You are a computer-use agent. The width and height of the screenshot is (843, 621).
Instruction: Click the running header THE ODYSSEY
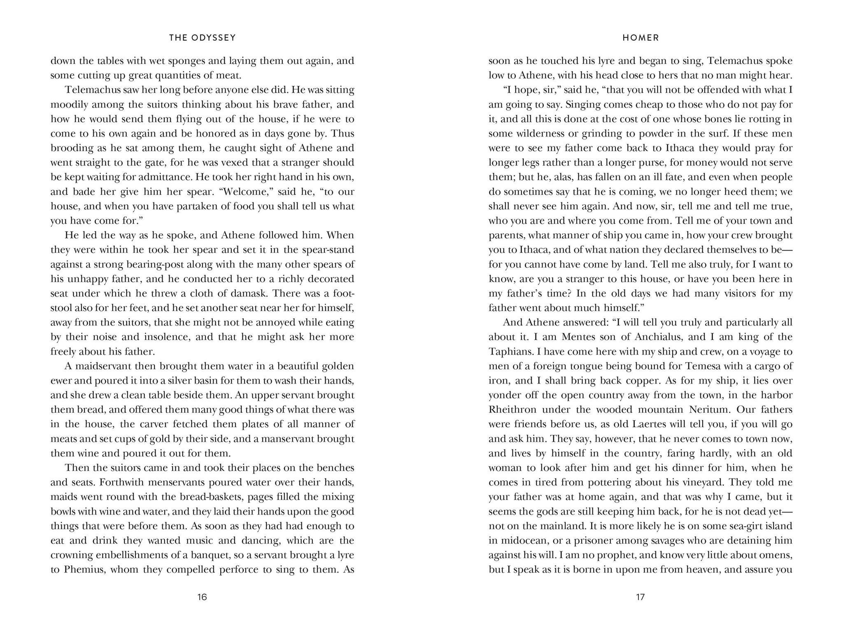click(x=203, y=38)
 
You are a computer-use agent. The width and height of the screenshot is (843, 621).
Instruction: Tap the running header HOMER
click(x=640, y=38)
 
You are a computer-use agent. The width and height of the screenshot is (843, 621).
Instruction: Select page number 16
click(x=202, y=597)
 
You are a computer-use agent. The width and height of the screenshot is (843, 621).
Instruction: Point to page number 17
click(x=640, y=597)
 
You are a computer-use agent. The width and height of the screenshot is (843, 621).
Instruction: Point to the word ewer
click(x=60, y=381)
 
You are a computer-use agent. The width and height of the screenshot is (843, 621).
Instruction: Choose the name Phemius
click(x=86, y=570)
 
